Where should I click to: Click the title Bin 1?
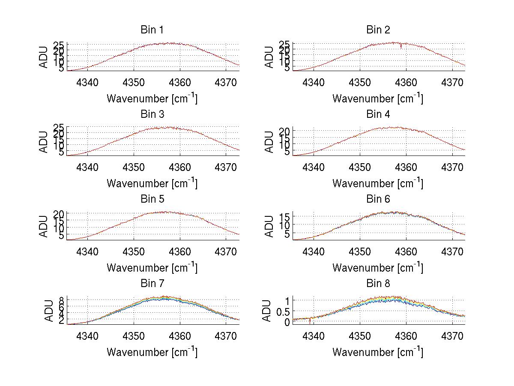pos(152,30)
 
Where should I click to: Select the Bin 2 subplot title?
pos(378,30)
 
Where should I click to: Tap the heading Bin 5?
pos(152,199)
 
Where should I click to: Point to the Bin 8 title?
pos(378,284)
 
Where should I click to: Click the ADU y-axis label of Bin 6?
pos(269,226)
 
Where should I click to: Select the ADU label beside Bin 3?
pos(43,142)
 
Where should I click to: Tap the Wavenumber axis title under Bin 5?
pos(152,268)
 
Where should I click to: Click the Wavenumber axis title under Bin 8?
pos(378,352)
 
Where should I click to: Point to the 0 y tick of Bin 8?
pos(287,322)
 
